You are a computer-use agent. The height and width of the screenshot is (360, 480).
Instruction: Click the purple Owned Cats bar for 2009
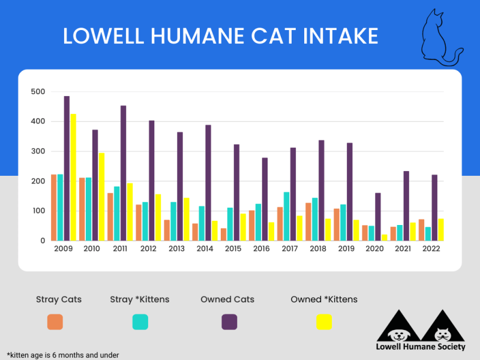pos(67,168)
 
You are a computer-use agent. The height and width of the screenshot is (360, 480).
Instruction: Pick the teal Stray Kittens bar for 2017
pos(287,216)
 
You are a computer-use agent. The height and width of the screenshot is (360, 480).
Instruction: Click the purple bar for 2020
pos(378,217)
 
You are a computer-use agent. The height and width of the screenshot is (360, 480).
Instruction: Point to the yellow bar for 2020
pos(385,238)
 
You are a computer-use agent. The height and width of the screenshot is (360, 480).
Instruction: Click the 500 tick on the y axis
pos(38,92)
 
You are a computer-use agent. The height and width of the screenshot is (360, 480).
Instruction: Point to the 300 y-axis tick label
pos(38,151)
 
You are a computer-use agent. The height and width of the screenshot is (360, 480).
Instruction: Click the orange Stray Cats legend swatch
pos(55,322)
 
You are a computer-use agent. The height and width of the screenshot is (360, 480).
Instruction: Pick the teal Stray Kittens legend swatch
pos(140,322)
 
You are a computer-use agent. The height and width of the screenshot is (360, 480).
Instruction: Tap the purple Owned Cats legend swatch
pos(229,322)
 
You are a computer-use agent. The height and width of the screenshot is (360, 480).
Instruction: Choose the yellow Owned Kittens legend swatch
pos(324,322)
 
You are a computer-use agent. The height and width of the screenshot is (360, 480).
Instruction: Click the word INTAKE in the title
pos(332,36)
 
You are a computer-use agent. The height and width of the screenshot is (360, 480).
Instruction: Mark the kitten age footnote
pos(63,355)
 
